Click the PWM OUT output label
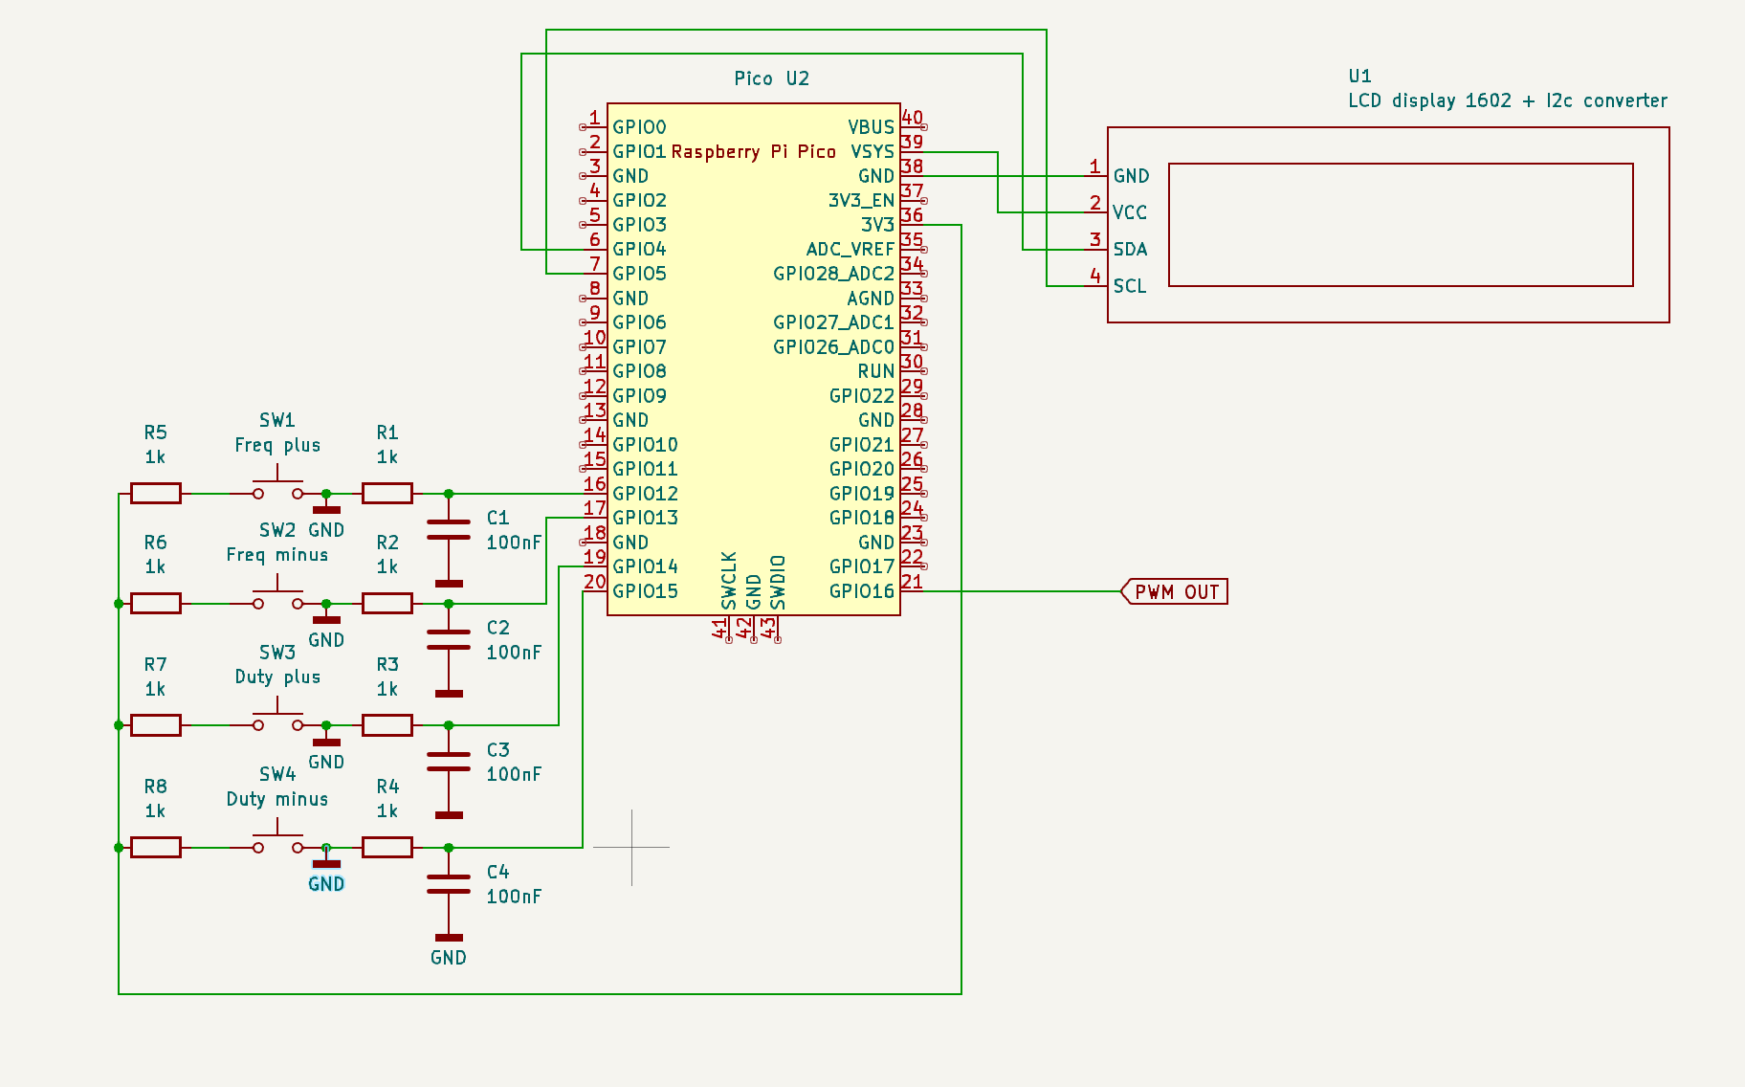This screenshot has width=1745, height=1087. click(x=1176, y=592)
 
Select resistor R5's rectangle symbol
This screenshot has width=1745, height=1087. click(x=156, y=494)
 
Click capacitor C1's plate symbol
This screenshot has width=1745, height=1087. click(x=448, y=529)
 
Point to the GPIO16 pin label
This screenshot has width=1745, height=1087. click(x=861, y=591)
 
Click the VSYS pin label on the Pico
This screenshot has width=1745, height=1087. click(x=872, y=152)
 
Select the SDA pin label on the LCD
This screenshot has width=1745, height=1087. click(x=1130, y=250)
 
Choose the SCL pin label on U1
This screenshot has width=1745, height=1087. click(x=1129, y=286)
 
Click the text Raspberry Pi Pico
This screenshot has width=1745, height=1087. click(x=753, y=152)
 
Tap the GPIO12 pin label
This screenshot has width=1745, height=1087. click(x=645, y=494)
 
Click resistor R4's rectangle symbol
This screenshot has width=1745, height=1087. click(x=387, y=847)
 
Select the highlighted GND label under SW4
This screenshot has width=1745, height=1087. click(x=326, y=884)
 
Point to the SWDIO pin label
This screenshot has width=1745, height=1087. click(x=778, y=582)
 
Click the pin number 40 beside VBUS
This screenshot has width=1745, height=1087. click(x=913, y=118)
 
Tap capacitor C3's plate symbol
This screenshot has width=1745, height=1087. click(x=448, y=762)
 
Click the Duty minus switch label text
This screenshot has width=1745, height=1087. click(x=277, y=799)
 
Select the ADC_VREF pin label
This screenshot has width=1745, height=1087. click(x=850, y=250)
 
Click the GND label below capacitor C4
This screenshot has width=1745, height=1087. click(x=448, y=958)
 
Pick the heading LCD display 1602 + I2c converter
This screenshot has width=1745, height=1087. click(x=1507, y=100)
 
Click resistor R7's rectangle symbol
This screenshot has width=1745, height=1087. click(x=156, y=725)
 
